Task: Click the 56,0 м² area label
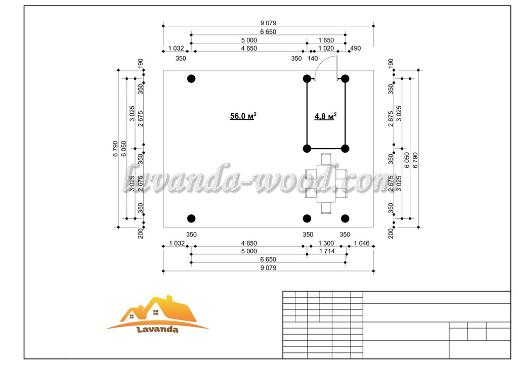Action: click(x=243, y=116)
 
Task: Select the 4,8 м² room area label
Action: click(x=325, y=116)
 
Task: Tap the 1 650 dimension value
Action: click(x=326, y=40)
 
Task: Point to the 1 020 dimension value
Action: click(x=326, y=48)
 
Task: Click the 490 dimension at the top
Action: click(x=356, y=48)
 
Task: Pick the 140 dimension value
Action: click(x=313, y=59)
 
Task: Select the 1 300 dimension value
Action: click(x=326, y=243)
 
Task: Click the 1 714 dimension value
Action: click(x=327, y=251)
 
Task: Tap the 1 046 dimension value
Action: click(x=362, y=243)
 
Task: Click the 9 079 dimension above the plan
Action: click(x=268, y=23)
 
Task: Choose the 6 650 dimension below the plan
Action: click(x=268, y=259)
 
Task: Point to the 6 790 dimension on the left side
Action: click(x=115, y=149)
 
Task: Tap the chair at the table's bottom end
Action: click(x=326, y=208)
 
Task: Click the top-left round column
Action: click(x=191, y=78)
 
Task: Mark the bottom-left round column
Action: click(x=191, y=218)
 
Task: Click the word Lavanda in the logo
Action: click(x=157, y=330)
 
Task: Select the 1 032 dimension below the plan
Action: click(x=177, y=243)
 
